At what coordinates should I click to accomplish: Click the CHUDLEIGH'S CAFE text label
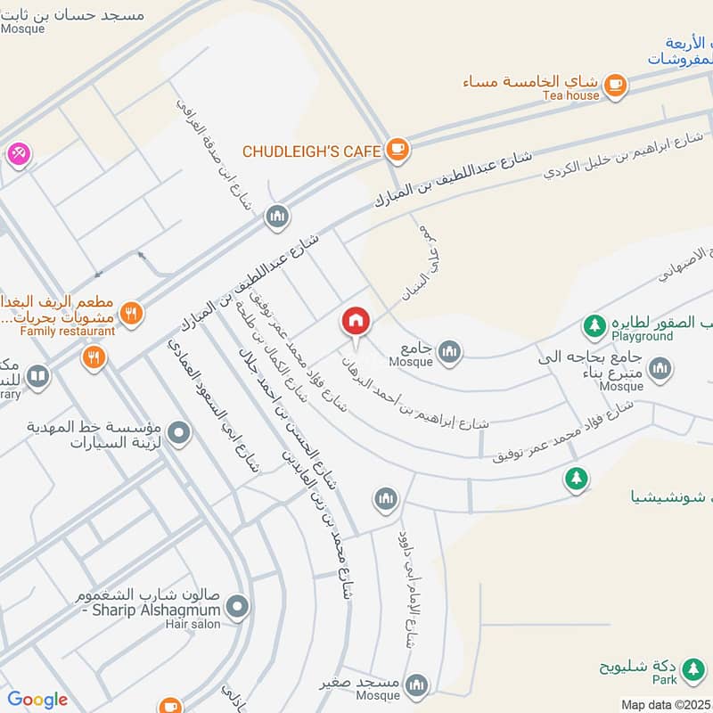click(x=312, y=151)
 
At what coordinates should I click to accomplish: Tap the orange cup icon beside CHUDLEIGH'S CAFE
click(x=397, y=151)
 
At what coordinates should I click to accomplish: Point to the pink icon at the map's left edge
click(x=17, y=153)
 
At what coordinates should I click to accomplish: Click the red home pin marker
click(x=355, y=321)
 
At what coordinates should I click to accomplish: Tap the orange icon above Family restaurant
click(x=131, y=312)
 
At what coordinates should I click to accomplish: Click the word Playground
click(x=642, y=337)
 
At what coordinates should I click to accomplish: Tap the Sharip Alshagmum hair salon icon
click(x=237, y=609)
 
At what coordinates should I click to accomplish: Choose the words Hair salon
click(x=193, y=625)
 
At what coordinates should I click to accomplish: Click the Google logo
click(x=37, y=700)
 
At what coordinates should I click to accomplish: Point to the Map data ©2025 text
click(x=665, y=705)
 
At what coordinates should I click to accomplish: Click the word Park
click(x=664, y=680)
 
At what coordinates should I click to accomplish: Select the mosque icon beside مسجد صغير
click(x=415, y=684)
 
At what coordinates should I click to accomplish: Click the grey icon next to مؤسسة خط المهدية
click(x=179, y=434)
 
